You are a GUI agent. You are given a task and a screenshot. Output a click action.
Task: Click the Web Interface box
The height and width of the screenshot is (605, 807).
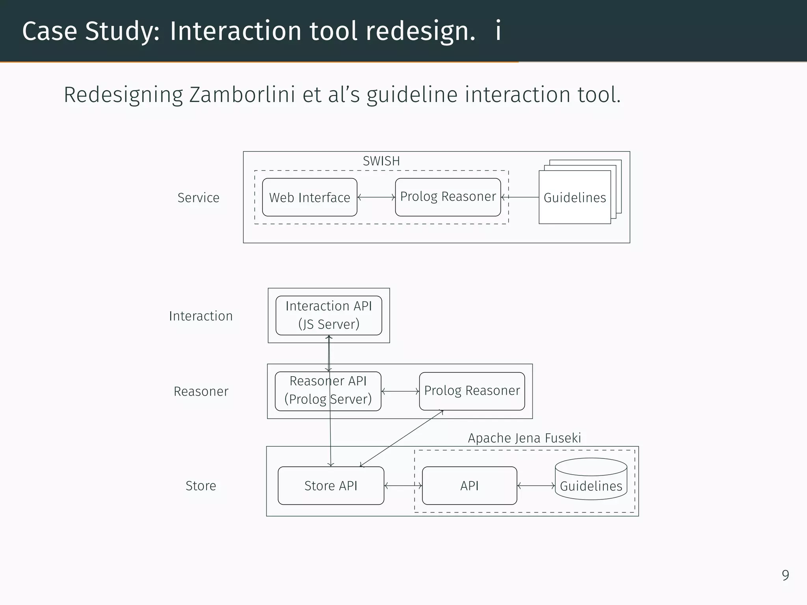[x=309, y=197]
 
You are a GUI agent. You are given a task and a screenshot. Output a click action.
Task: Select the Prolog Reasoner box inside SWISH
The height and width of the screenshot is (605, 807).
[x=448, y=197]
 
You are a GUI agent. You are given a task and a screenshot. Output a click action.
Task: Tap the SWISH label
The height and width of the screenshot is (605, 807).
[x=381, y=161]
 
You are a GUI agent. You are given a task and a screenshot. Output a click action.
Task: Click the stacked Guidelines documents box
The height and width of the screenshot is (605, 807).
[x=575, y=197]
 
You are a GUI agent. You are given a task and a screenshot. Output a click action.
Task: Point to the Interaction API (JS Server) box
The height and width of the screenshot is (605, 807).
[x=329, y=315]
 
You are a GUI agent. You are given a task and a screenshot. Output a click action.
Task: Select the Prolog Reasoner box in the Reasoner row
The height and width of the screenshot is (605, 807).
[x=472, y=391]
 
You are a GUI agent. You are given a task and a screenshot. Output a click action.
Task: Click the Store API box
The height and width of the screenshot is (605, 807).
[x=331, y=486]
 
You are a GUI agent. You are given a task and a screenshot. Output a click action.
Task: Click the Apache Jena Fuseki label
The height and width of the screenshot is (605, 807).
[x=524, y=438]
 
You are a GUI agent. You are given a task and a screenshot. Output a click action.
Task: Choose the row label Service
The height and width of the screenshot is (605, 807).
[x=198, y=198]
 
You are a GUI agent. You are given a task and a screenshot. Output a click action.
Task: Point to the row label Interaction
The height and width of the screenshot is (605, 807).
[x=201, y=316]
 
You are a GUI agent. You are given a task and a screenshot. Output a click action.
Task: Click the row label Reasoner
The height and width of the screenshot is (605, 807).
[x=201, y=392]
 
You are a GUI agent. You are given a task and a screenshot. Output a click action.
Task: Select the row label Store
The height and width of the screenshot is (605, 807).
[x=201, y=486]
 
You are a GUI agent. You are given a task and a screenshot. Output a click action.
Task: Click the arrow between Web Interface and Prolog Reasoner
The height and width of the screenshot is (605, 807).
[x=376, y=197]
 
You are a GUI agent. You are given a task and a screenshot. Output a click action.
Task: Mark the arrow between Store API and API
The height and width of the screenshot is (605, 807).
[x=403, y=486]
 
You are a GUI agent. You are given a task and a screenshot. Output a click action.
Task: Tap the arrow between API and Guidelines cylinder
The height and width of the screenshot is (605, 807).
[x=536, y=486]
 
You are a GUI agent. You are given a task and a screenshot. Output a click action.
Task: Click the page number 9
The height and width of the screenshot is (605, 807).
[x=785, y=575]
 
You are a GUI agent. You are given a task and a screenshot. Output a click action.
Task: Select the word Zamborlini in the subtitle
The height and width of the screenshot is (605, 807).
[x=242, y=95]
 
